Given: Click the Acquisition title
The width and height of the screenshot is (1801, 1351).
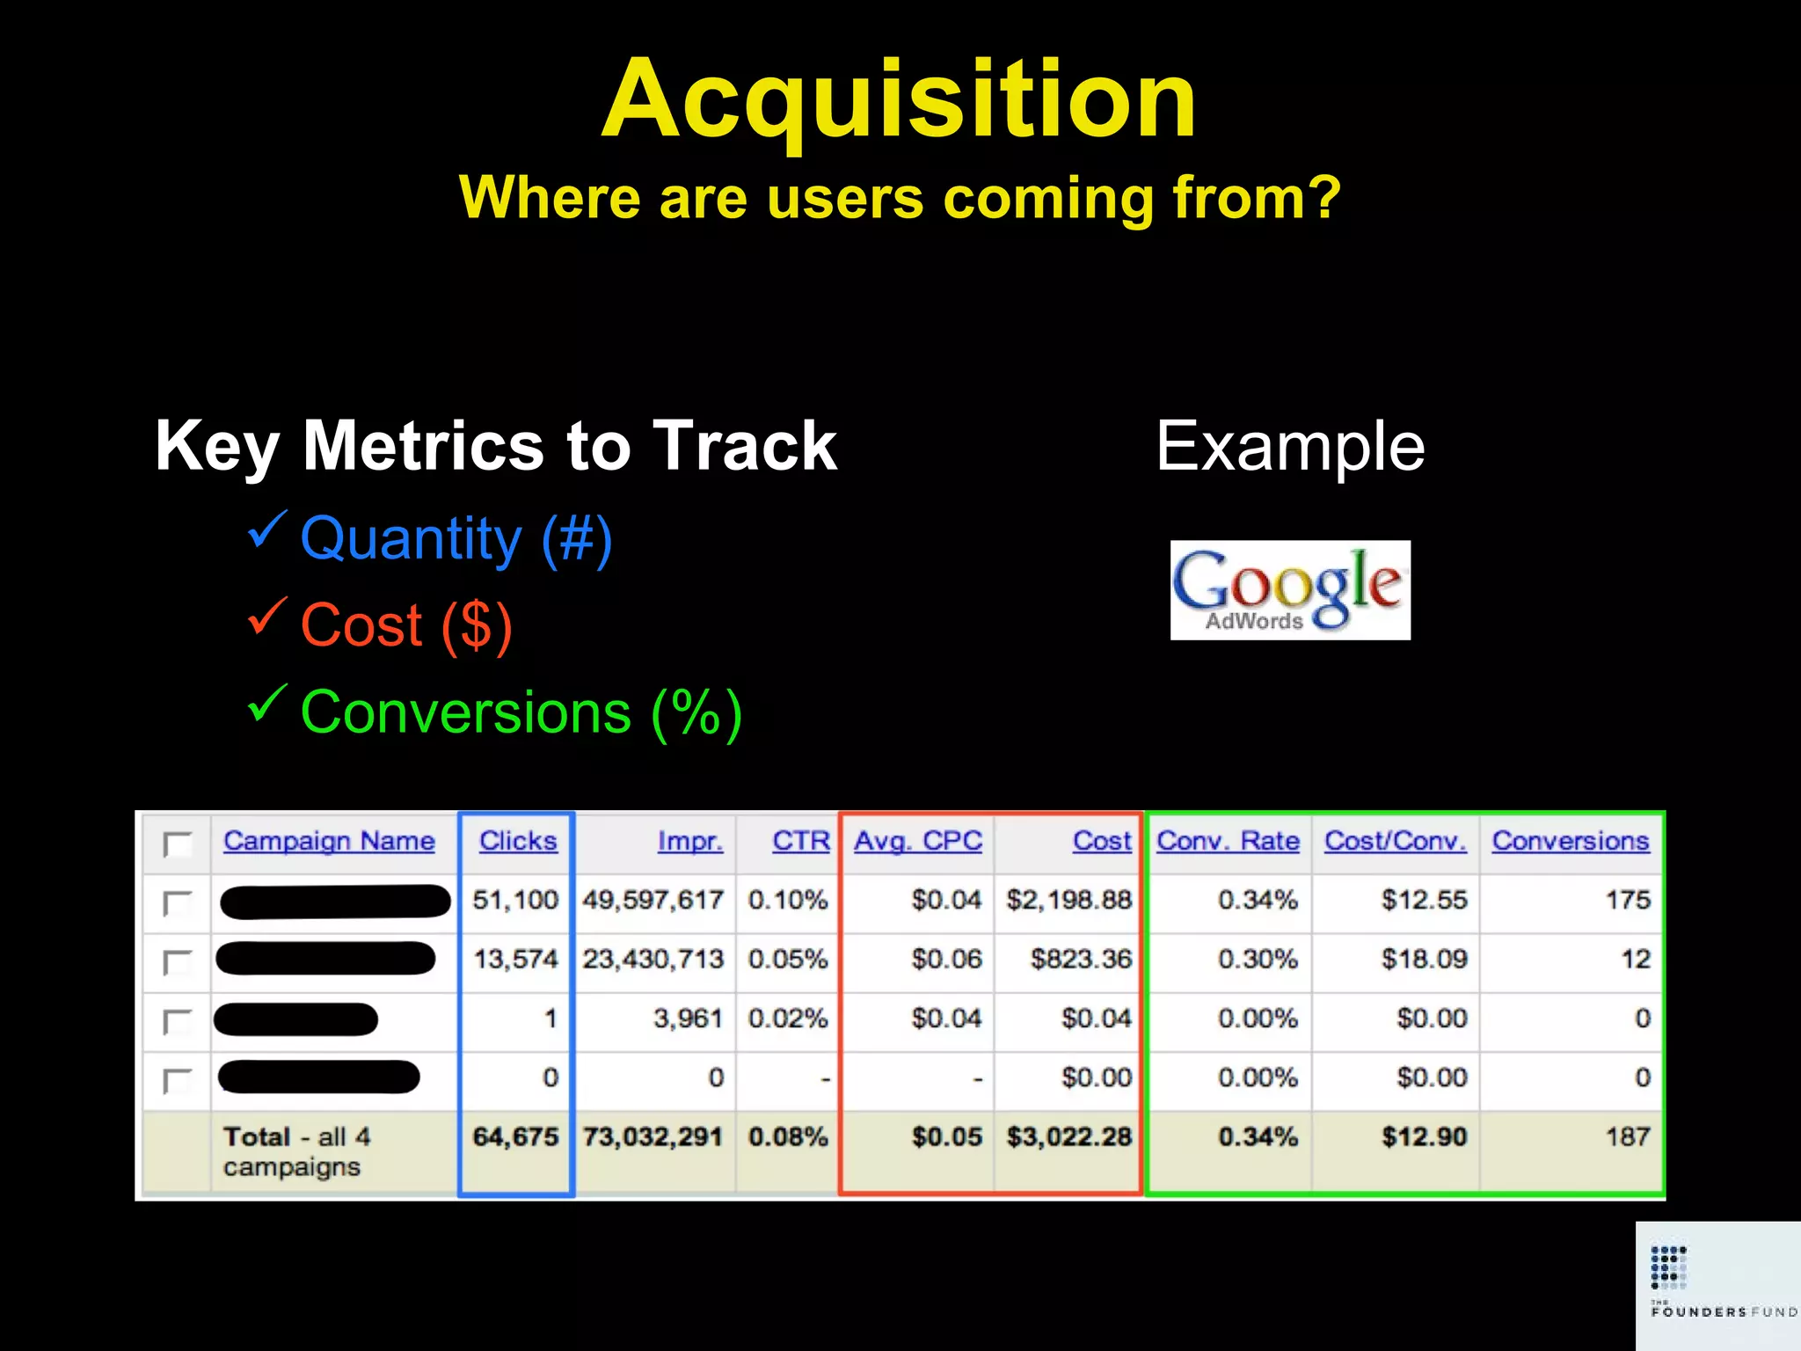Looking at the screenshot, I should (x=899, y=99).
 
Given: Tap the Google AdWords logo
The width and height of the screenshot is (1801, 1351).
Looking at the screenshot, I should (x=1290, y=589).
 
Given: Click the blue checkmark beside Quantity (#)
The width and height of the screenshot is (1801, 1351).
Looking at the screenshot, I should (x=267, y=529).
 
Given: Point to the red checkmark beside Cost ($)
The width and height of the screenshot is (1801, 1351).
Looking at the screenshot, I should (x=267, y=616).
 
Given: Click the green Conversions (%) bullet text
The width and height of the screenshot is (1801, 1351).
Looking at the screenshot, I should (x=521, y=712).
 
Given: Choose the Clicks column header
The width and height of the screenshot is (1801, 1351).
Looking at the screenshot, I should (x=518, y=841).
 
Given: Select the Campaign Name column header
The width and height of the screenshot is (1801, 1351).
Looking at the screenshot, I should (x=329, y=841).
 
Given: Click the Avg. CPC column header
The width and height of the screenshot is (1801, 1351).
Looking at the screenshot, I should (x=918, y=841).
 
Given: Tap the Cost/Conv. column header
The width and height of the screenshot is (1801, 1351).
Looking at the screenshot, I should (x=1396, y=841).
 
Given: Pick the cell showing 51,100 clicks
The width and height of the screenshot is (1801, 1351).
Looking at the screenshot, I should (x=515, y=900).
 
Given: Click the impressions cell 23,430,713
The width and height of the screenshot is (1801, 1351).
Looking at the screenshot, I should (x=653, y=959).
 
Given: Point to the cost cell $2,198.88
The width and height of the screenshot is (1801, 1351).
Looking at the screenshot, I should (x=1069, y=900).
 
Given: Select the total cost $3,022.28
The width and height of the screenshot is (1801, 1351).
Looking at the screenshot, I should (x=1069, y=1136).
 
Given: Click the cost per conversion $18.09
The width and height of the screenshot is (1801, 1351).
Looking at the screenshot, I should (x=1425, y=959).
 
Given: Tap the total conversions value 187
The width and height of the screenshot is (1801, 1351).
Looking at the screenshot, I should (x=1628, y=1136).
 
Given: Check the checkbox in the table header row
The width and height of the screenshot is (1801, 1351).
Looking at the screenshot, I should (x=178, y=844).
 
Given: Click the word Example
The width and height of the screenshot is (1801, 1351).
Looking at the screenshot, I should (x=1290, y=446).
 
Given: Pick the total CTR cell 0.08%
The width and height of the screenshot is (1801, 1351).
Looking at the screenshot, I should (x=788, y=1136).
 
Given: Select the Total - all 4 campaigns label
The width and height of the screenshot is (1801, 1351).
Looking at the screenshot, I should (x=297, y=1151).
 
